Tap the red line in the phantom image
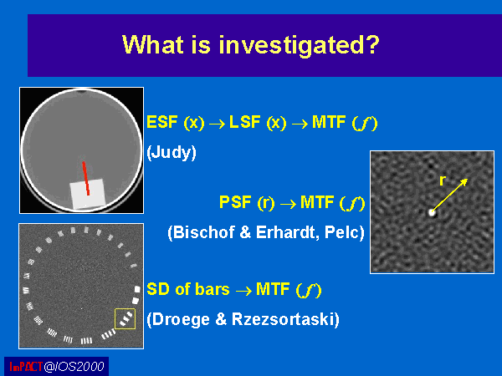click(x=86, y=179)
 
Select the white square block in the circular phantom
click(x=88, y=194)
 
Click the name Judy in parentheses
click(x=172, y=152)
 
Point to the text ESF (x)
click(x=176, y=123)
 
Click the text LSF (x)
click(x=258, y=123)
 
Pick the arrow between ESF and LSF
click(x=217, y=124)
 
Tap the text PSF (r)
click(x=247, y=202)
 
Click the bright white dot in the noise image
click(x=433, y=212)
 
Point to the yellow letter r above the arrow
click(x=443, y=180)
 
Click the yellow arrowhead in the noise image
click(x=464, y=182)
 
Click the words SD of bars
click(x=188, y=289)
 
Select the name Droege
click(x=181, y=319)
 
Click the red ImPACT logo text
click(x=26, y=367)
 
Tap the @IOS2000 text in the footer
click(x=74, y=367)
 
